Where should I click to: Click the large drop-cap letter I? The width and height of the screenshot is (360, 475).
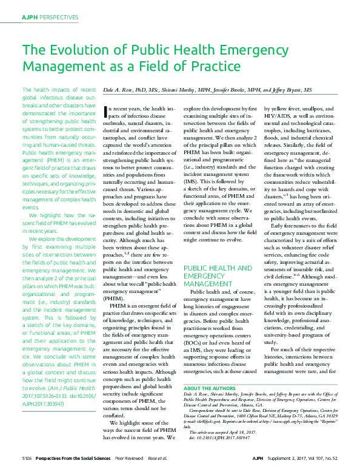point(107,111)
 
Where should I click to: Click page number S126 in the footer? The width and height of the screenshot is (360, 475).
point(27,468)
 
